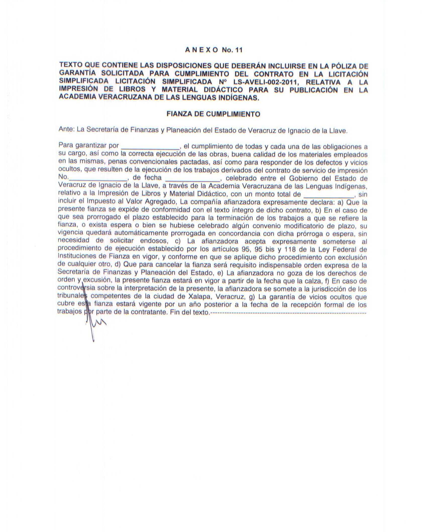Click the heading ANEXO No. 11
pos(214,50)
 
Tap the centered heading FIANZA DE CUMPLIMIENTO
pos(213,114)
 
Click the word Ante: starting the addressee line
pos(67,130)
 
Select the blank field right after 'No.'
pos(98,179)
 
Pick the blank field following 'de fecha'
pos(193,179)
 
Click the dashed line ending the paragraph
pos(288,313)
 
